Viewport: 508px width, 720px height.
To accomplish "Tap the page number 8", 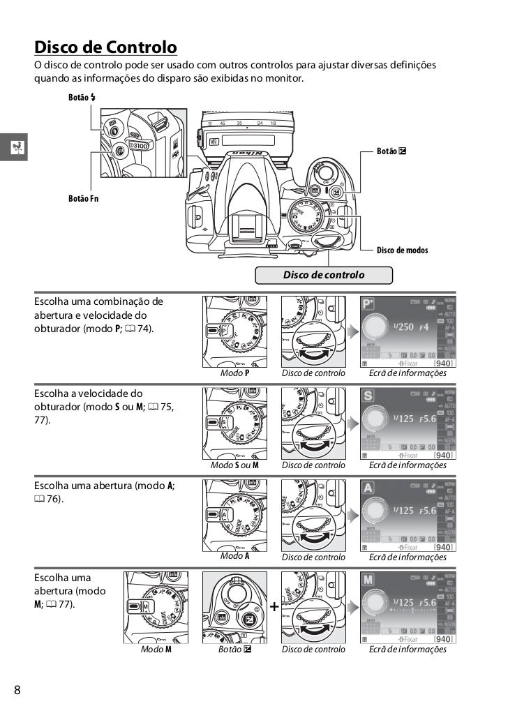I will pyautogui.click(x=17, y=691).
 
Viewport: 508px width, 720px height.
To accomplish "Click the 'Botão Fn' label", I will pyautogui.click(x=83, y=199).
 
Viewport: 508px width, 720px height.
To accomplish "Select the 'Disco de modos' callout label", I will pyautogui.click(x=402, y=250).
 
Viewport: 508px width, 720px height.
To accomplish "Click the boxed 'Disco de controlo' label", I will pyautogui.click(x=324, y=275).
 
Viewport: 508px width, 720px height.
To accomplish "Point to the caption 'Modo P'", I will pyautogui.click(x=235, y=373).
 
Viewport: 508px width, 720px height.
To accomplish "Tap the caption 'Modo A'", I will pyautogui.click(x=235, y=556).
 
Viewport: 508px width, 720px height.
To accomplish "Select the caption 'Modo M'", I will pyautogui.click(x=156, y=649).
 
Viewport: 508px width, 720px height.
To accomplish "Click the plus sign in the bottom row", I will pyautogui.click(x=274, y=608).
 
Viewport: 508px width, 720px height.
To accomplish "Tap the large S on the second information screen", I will pyautogui.click(x=370, y=396).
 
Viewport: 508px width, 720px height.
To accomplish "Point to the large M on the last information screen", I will pyautogui.click(x=370, y=580).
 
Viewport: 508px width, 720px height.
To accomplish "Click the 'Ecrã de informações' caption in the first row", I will pyautogui.click(x=407, y=373).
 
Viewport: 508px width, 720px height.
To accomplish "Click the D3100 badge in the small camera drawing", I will pyautogui.click(x=139, y=146).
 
